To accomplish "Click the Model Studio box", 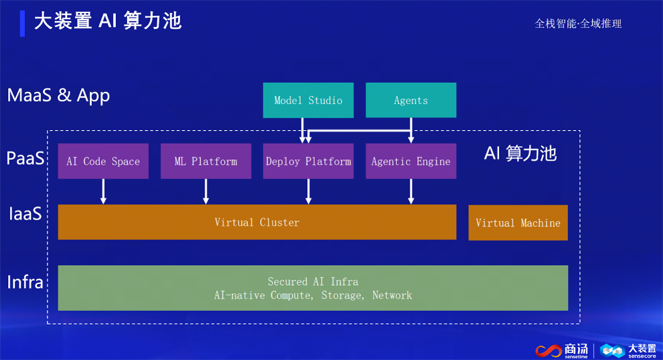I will [x=308, y=101].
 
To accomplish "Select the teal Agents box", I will [x=411, y=101].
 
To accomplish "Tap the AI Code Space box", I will [x=103, y=161].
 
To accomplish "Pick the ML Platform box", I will [x=206, y=161].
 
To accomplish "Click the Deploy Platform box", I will [x=308, y=161].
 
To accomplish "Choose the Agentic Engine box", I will [x=411, y=161].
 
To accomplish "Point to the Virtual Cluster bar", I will [x=257, y=222].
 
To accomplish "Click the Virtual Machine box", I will [x=518, y=223].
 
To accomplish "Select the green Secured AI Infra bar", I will [x=313, y=288].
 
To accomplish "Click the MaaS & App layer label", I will [x=58, y=95].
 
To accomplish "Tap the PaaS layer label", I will [x=25, y=159].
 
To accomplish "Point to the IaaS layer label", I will [x=25, y=214].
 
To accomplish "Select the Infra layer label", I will [x=25, y=282].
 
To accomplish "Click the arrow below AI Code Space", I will [x=103, y=192].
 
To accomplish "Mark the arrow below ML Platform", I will [x=206, y=192].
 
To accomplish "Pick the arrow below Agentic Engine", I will [x=411, y=192].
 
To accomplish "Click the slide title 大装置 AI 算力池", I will [x=107, y=21].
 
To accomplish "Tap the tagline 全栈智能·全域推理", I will [x=578, y=23].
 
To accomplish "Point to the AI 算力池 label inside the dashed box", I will [x=520, y=154].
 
